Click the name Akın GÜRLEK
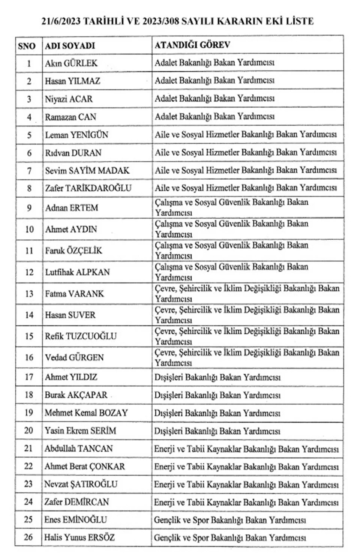click(71, 63)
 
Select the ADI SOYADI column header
click(70, 46)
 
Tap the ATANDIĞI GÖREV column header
click(192, 45)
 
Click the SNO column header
click(27, 46)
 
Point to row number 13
click(29, 294)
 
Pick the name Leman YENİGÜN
click(76, 135)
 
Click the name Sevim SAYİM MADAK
click(87, 171)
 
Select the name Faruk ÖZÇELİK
click(73, 251)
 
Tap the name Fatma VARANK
click(74, 294)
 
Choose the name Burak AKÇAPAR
click(76, 395)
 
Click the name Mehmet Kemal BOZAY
click(86, 413)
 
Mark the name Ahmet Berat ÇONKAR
click(85, 467)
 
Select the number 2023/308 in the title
click(159, 21)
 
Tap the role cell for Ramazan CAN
click(214, 117)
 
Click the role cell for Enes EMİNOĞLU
click(229, 520)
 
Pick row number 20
click(29, 431)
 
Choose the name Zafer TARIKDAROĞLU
click(88, 188)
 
